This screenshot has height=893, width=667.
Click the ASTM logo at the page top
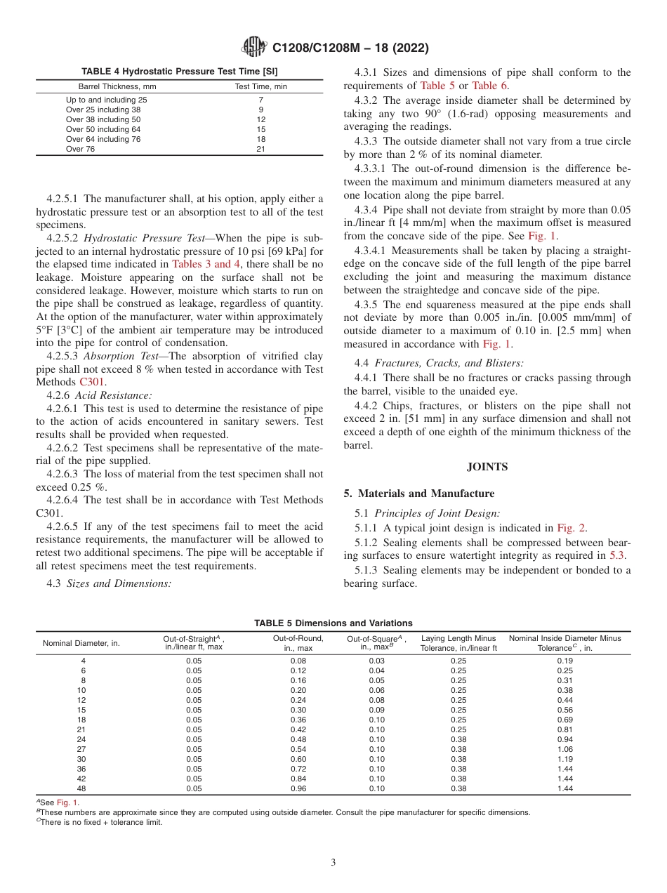click(x=254, y=47)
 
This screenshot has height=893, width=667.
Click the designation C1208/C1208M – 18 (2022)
click(x=350, y=48)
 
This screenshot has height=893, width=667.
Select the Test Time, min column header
click(x=260, y=86)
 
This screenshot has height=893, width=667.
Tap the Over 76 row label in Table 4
click(x=81, y=149)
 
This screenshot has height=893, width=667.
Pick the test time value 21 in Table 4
click(x=260, y=149)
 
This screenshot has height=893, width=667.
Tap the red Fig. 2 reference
click(x=572, y=528)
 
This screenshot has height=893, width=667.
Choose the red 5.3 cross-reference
click(x=617, y=555)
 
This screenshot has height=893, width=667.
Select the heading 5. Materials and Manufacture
click(x=418, y=493)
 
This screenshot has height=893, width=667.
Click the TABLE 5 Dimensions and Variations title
click(x=333, y=623)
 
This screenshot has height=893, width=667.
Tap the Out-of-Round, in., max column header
click(x=298, y=642)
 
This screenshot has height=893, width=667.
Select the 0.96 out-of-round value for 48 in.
click(x=298, y=788)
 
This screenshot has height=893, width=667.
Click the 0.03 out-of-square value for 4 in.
click(x=376, y=661)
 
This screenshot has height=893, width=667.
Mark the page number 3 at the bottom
click(x=333, y=862)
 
